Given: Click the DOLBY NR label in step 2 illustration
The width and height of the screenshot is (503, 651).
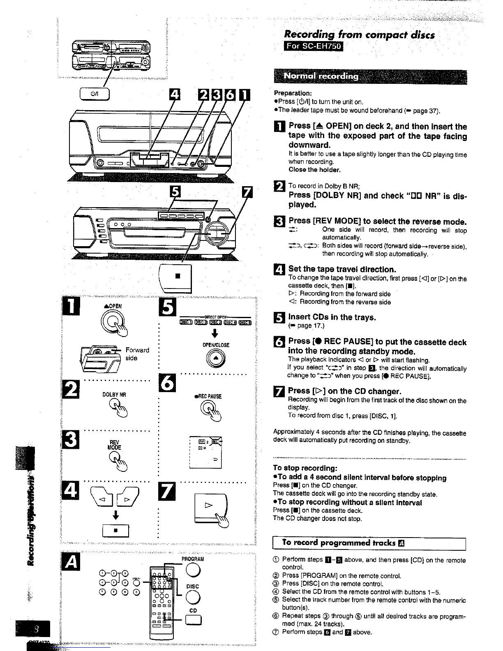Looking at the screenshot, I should [x=114, y=395].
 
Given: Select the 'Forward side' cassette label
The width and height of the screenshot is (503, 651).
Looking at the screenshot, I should [x=137, y=354].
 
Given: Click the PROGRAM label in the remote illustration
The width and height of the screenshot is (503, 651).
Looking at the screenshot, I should [x=192, y=559].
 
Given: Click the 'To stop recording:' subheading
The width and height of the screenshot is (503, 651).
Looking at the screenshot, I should [x=305, y=469].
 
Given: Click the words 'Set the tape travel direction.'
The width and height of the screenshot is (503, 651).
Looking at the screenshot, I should [x=342, y=270].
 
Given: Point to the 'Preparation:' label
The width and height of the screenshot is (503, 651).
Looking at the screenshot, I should [x=293, y=93].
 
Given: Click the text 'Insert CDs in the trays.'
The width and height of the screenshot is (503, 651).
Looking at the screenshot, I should [x=332, y=317].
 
